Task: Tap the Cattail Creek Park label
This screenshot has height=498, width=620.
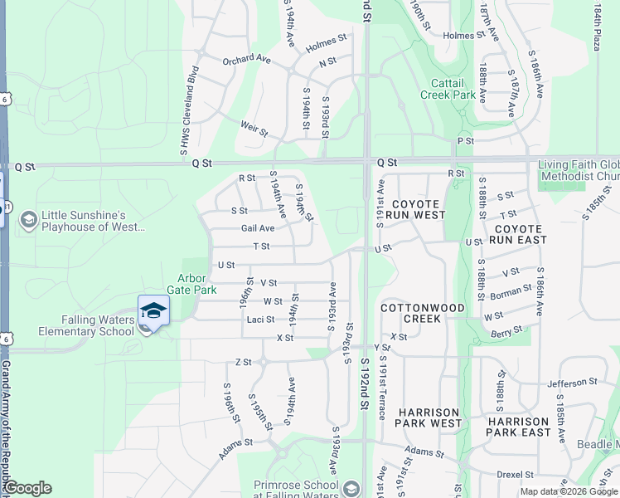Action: click(x=453, y=89)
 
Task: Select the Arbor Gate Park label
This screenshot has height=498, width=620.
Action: click(x=196, y=284)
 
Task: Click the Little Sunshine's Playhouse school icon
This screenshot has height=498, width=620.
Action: click(x=28, y=219)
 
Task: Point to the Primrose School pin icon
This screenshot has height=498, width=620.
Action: click(x=351, y=487)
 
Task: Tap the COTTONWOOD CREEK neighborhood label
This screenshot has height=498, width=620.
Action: click(x=423, y=313)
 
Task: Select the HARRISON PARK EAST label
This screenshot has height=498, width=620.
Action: click(x=518, y=427)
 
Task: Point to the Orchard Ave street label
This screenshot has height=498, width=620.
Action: click(x=246, y=60)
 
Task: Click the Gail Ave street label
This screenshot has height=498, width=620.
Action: click(x=257, y=228)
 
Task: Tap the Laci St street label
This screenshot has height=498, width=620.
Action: click(x=259, y=320)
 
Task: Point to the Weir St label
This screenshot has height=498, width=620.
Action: click(x=254, y=129)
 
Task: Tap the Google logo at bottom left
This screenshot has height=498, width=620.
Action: click(x=27, y=488)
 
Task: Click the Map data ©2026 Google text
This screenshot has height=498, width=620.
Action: click(x=569, y=491)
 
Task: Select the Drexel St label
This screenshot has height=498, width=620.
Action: click(x=514, y=473)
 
